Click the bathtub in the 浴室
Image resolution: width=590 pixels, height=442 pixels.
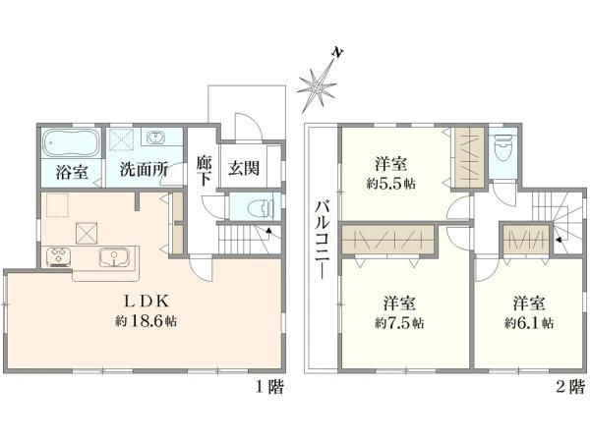click(x=71, y=142)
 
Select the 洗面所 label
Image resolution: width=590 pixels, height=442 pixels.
click(x=144, y=170)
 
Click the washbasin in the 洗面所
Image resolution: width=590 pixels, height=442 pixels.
click(x=154, y=138)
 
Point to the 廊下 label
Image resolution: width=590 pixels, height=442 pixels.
click(x=204, y=171)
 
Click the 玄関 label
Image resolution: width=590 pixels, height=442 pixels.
click(x=244, y=168)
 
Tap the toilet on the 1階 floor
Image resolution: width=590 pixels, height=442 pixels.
click(x=261, y=207)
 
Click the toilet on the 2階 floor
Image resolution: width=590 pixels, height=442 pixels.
click(x=502, y=147)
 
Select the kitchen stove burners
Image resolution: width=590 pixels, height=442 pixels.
click(x=59, y=256)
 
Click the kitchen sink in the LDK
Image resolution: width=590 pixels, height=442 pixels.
click(x=113, y=257)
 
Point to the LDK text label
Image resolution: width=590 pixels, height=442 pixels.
click(x=146, y=301)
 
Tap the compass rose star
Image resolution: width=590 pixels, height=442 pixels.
click(x=317, y=88)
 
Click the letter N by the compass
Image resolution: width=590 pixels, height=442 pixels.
click(x=337, y=53)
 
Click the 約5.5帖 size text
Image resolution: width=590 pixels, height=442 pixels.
click(x=391, y=184)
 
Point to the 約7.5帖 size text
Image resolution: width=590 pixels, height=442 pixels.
click(x=399, y=322)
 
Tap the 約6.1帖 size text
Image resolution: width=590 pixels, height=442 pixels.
click(x=529, y=322)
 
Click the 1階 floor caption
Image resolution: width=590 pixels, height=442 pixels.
click(x=269, y=387)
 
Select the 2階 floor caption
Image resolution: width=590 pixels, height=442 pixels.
click(x=570, y=387)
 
